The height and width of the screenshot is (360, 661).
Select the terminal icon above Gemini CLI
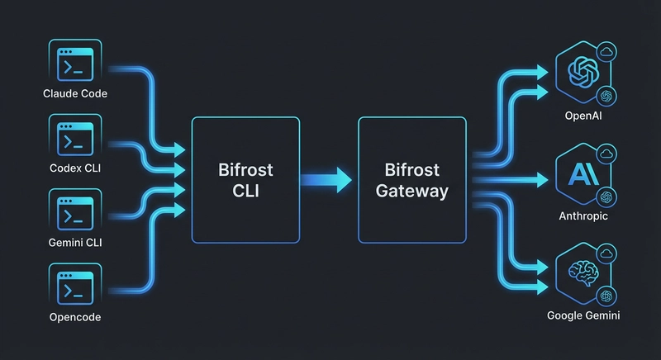(74, 210)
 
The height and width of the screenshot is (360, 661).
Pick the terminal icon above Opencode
(74, 285)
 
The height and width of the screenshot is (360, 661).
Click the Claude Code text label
(74, 93)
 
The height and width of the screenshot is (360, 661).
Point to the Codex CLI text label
(74, 168)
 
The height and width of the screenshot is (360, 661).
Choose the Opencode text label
(74, 317)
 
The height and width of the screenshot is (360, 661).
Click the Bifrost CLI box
(245, 180)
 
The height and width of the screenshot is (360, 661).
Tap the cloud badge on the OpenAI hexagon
(606, 52)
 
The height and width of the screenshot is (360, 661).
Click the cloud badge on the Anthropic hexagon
(606, 153)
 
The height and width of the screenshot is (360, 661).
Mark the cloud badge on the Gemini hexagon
(606, 253)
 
